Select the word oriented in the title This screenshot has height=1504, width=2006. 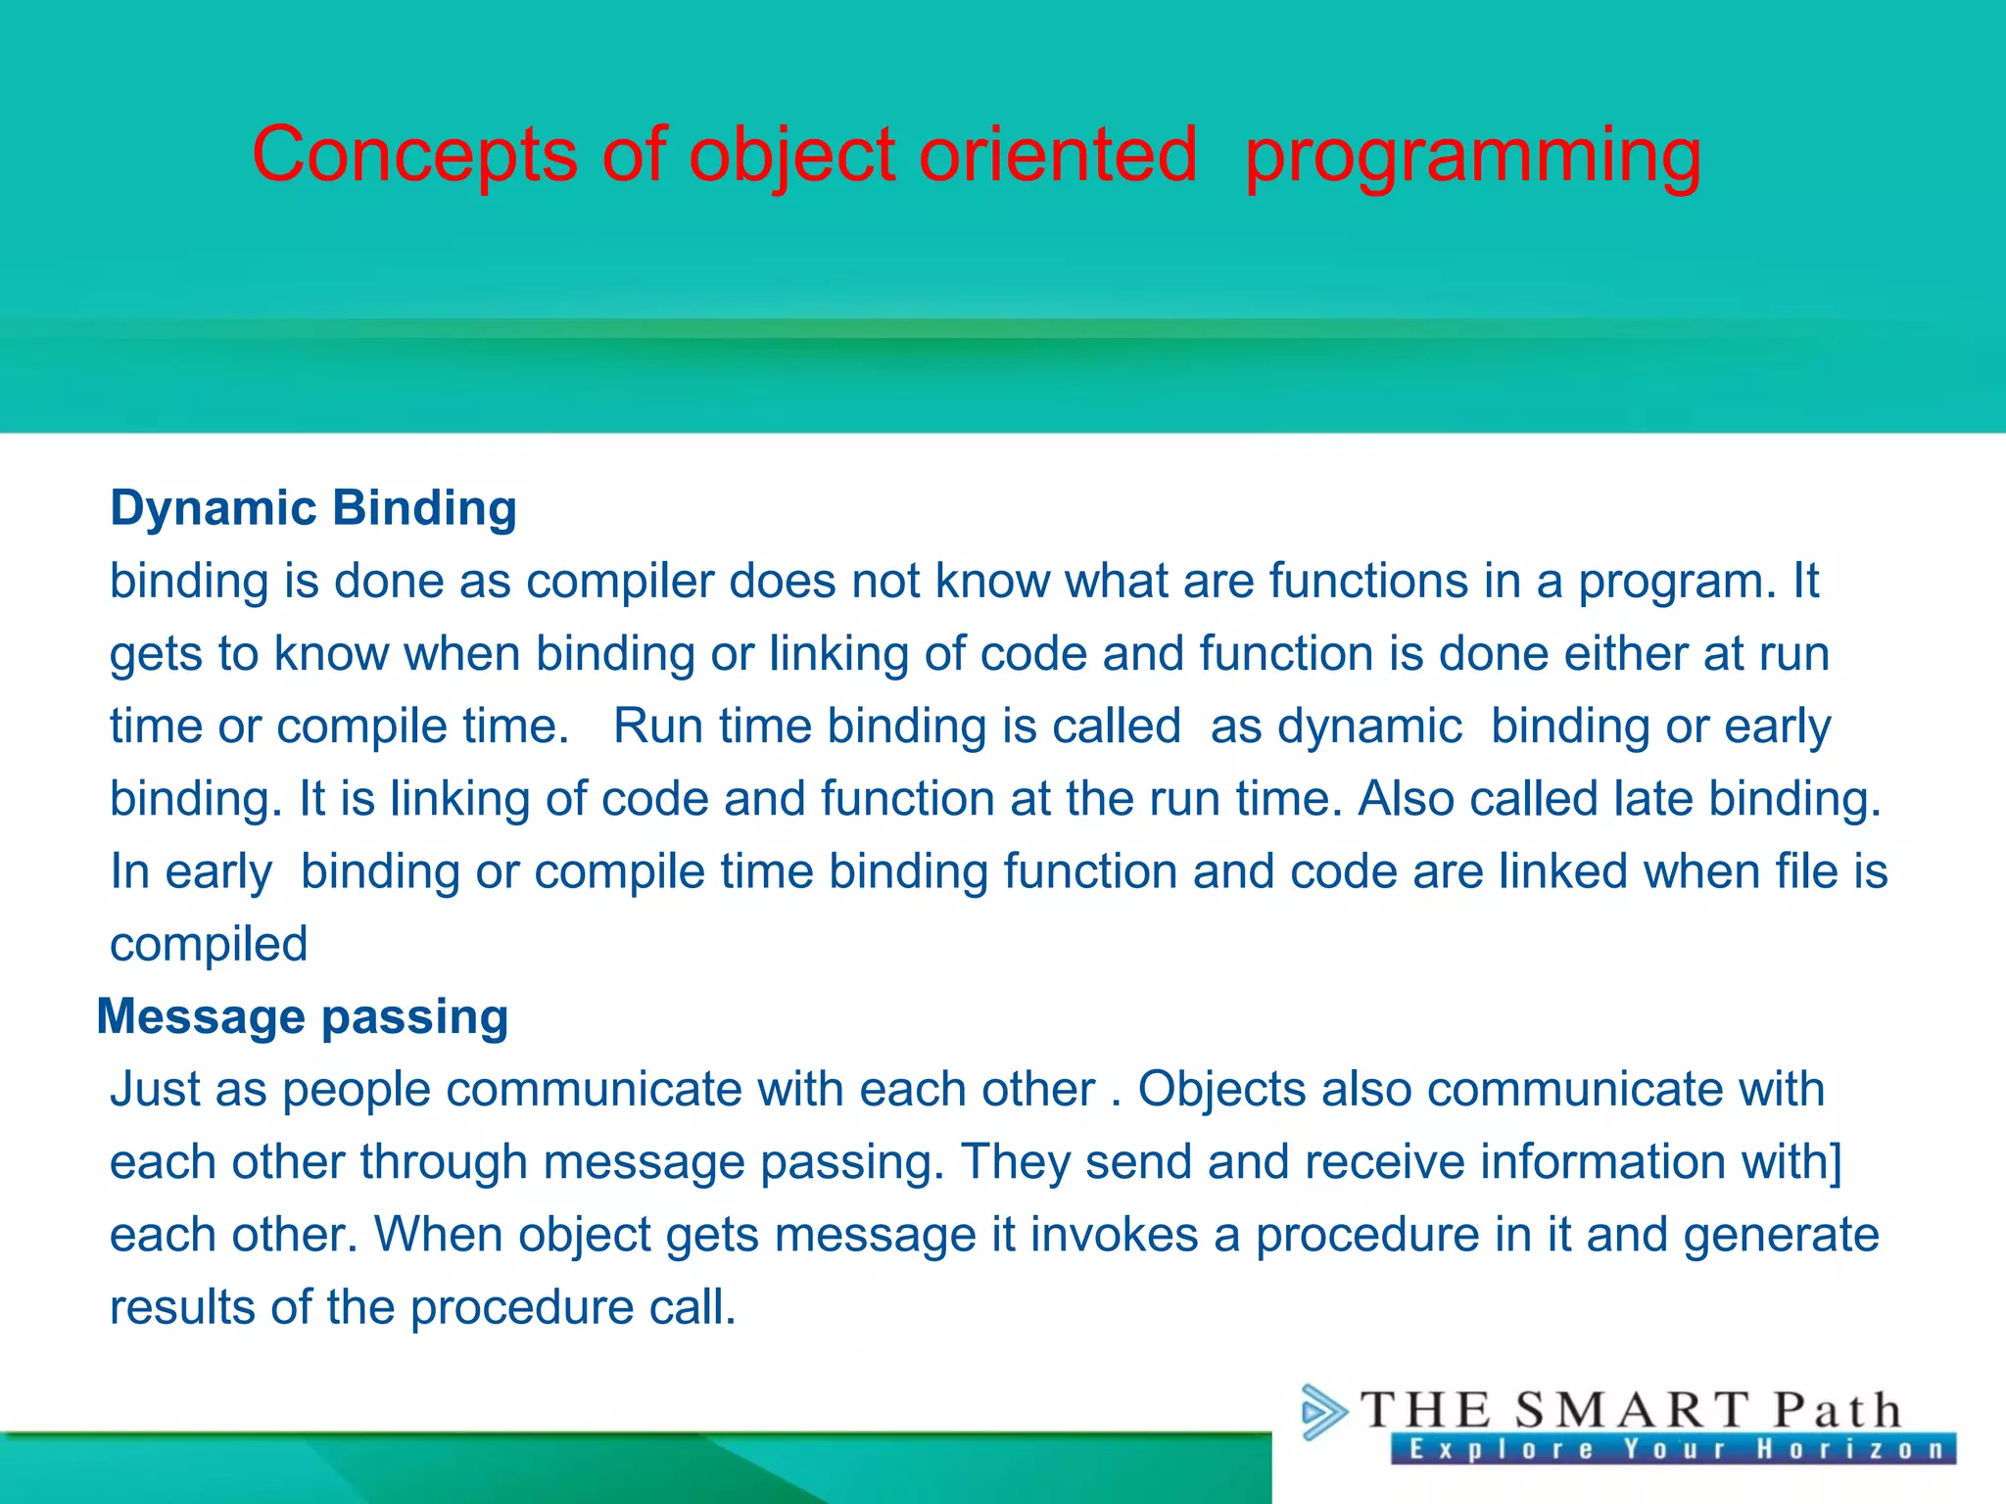(x=1058, y=155)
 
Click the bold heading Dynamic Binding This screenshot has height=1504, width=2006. (x=313, y=508)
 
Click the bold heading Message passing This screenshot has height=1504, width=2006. (x=303, y=1016)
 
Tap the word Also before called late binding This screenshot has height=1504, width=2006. (x=1406, y=799)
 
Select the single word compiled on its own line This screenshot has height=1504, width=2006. (x=209, y=945)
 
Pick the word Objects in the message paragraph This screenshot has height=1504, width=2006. (x=1221, y=1089)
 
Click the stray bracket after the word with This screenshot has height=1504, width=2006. (x=1837, y=1162)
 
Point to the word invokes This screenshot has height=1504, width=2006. (x=1114, y=1235)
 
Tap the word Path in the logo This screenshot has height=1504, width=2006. (x=1838, y=1411)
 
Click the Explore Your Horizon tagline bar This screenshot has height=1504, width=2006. (x=1673, y=1449)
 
